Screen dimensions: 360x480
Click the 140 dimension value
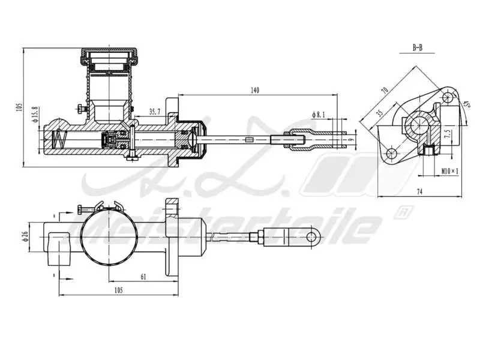(254, 91)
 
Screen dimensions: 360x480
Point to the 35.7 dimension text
(155, 112)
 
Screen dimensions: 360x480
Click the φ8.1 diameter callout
(318, 114)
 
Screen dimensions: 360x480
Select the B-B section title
(418, 47)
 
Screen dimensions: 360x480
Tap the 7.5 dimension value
(446, 134)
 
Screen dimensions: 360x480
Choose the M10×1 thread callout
(449, 171)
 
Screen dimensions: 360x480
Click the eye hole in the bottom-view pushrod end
(311, 236)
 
